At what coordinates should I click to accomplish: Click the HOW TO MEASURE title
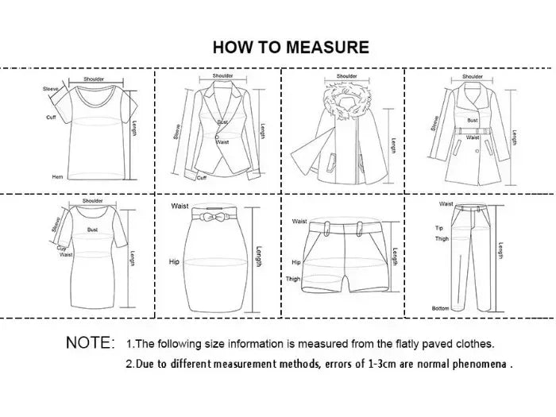tap(291, 47)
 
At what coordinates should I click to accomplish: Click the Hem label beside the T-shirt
tap(57, 176)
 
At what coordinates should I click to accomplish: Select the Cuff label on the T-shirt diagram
tap(51, 117)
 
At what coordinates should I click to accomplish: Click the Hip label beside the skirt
tap(176, 261)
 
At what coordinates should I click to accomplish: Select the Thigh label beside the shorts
tap(294, 279)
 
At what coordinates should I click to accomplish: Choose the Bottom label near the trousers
tap(441, 307)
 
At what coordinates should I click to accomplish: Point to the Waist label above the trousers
tap(446, 204)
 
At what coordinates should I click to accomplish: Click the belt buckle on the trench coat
tap(473, 130)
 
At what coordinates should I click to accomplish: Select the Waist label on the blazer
tap(223, 142)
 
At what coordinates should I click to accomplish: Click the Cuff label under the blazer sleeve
tap(202, 178)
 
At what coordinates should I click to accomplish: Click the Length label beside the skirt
tap(257, 257)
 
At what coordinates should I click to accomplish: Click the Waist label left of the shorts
tap(299, 222)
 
